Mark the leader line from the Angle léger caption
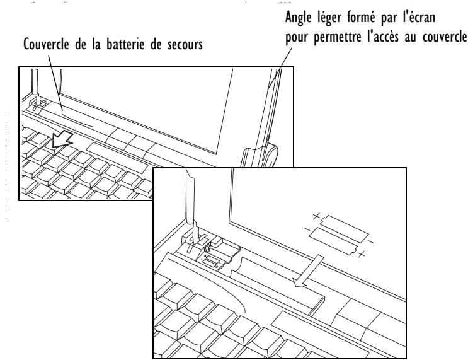[x=277, y=69]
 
